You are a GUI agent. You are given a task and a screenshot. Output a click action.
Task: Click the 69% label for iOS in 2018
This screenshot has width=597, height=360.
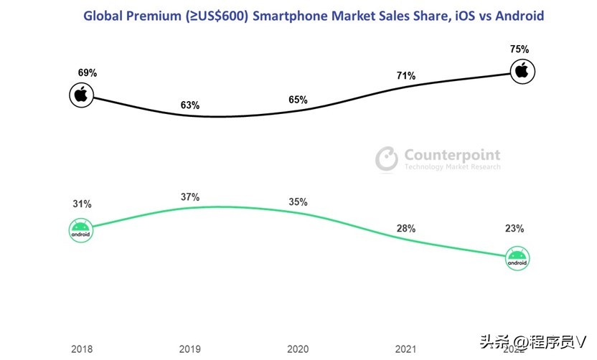pyautogui.click(x=88, y=73)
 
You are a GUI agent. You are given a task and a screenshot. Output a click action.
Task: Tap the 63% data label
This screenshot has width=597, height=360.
pyautogui.click(x=190, y=105)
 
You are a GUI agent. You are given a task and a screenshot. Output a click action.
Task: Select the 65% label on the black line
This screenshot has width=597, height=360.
pyautogui.click(x=296, y=100)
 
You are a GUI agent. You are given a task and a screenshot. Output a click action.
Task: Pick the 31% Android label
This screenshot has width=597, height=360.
pyautogui.click(x=82, y=204)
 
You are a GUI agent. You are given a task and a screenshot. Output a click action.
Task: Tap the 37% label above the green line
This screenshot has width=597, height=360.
pyautogui.click(x=190, y=196)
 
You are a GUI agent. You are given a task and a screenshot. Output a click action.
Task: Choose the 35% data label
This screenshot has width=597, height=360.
pyautogui.click(x=298, y=202)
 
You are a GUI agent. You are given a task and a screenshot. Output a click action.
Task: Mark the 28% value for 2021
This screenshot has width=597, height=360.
pyautogui.click(x=405, y=228)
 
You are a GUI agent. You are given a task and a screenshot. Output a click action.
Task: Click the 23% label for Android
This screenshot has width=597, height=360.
pyautogui.click(x=514, y=229)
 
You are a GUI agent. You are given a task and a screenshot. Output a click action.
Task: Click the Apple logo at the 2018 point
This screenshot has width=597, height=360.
pyautogui.click(x=81, y=94)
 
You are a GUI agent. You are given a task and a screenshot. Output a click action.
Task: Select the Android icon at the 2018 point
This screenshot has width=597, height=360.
pyautogui.click(x=81, y=230)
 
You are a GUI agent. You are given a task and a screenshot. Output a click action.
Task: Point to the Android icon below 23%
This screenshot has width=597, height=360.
pyautogui.click(x=517, y=258)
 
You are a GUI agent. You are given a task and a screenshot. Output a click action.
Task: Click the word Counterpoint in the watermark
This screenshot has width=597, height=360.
pyautogui.click(x=452, y=154)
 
